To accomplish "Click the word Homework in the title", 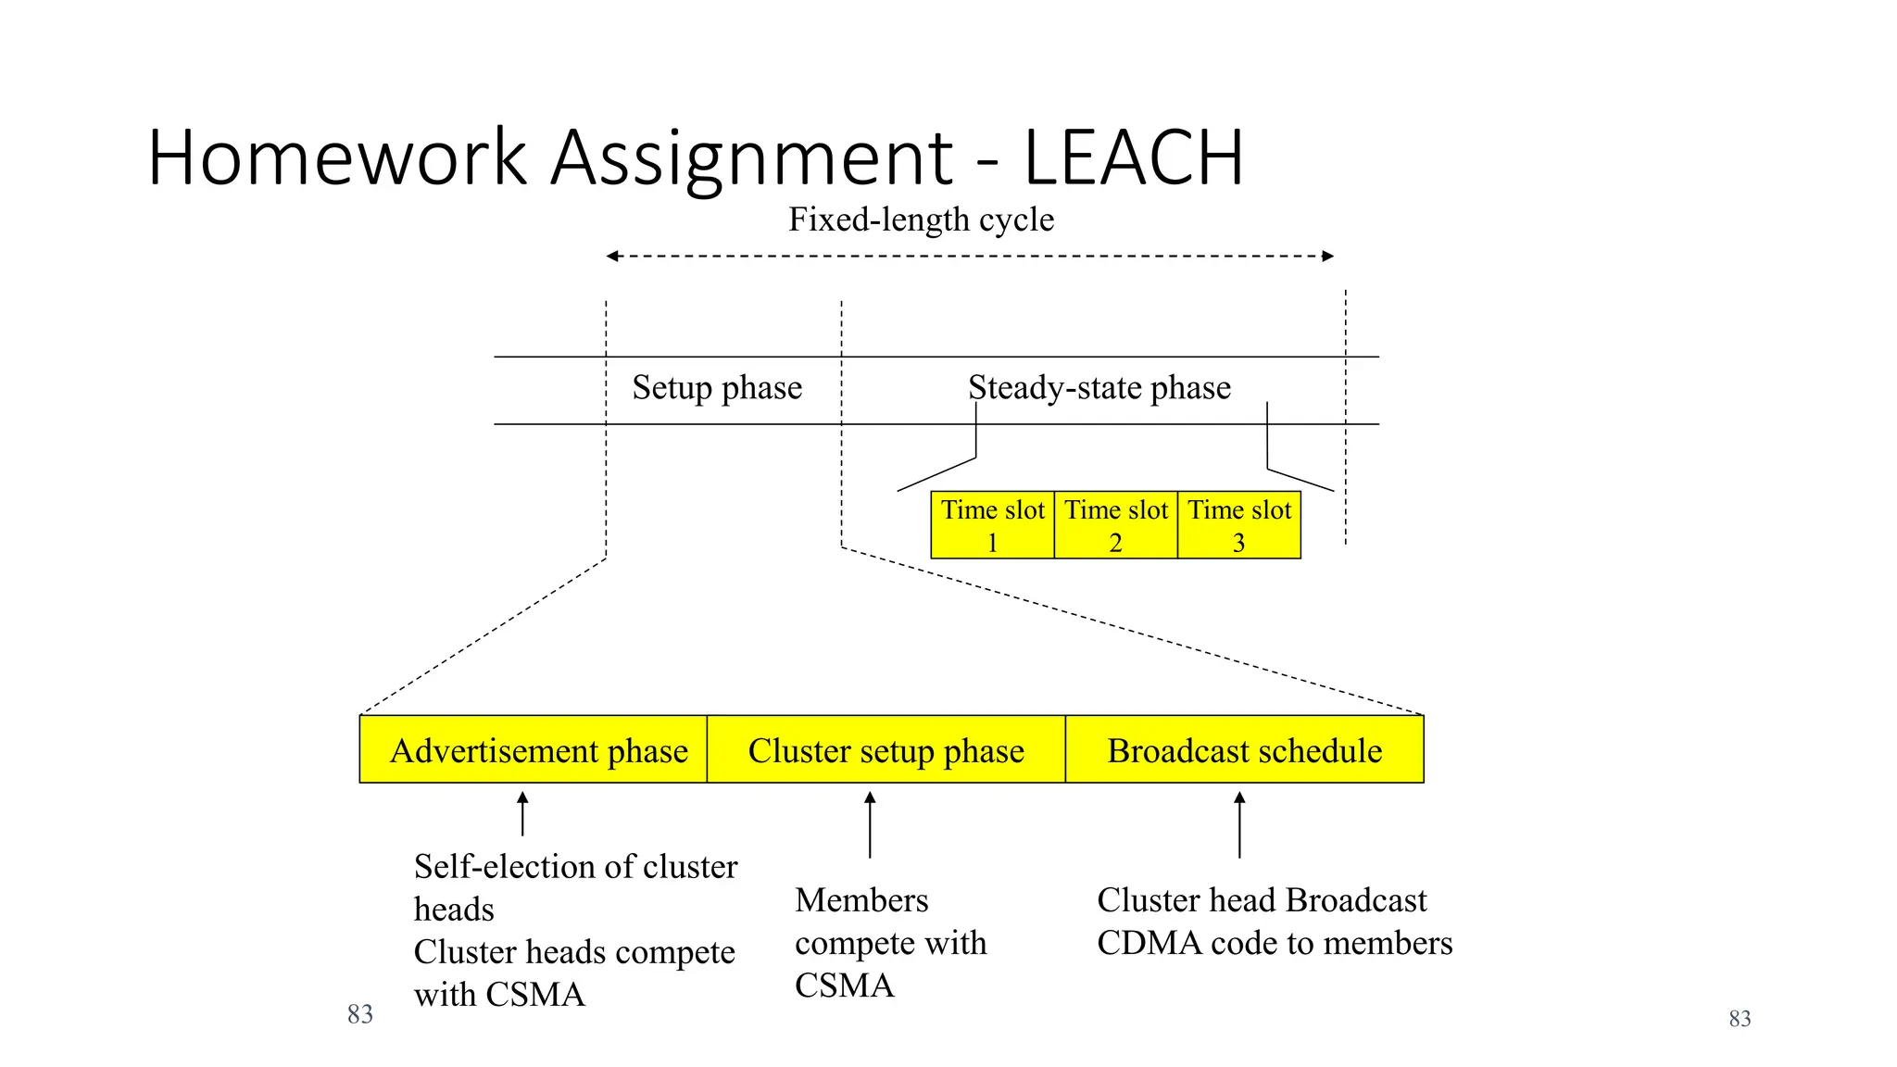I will pos(337,158).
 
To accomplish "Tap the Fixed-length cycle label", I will pos(921,220).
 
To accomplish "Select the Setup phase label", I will pos(717,387).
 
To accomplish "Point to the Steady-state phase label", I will pos(1099,387).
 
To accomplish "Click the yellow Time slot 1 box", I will pos(992,525).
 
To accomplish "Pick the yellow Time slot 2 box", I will pos(1115,525).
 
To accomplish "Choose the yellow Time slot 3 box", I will pos(1238,525).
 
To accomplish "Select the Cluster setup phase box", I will pos(886,749).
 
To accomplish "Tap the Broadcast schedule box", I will pos(1244,749).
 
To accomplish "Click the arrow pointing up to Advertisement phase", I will pos(522,813).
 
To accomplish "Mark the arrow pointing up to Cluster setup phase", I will pos(869,823).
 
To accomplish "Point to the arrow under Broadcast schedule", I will pos(1239,823).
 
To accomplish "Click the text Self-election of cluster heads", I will pos(574,886).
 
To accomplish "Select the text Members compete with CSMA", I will pos(889,942).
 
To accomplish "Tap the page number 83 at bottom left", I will pos(359,1014).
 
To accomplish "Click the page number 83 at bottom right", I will pos(1740,1019).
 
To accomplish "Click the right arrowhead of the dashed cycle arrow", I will pos(1328,256).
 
